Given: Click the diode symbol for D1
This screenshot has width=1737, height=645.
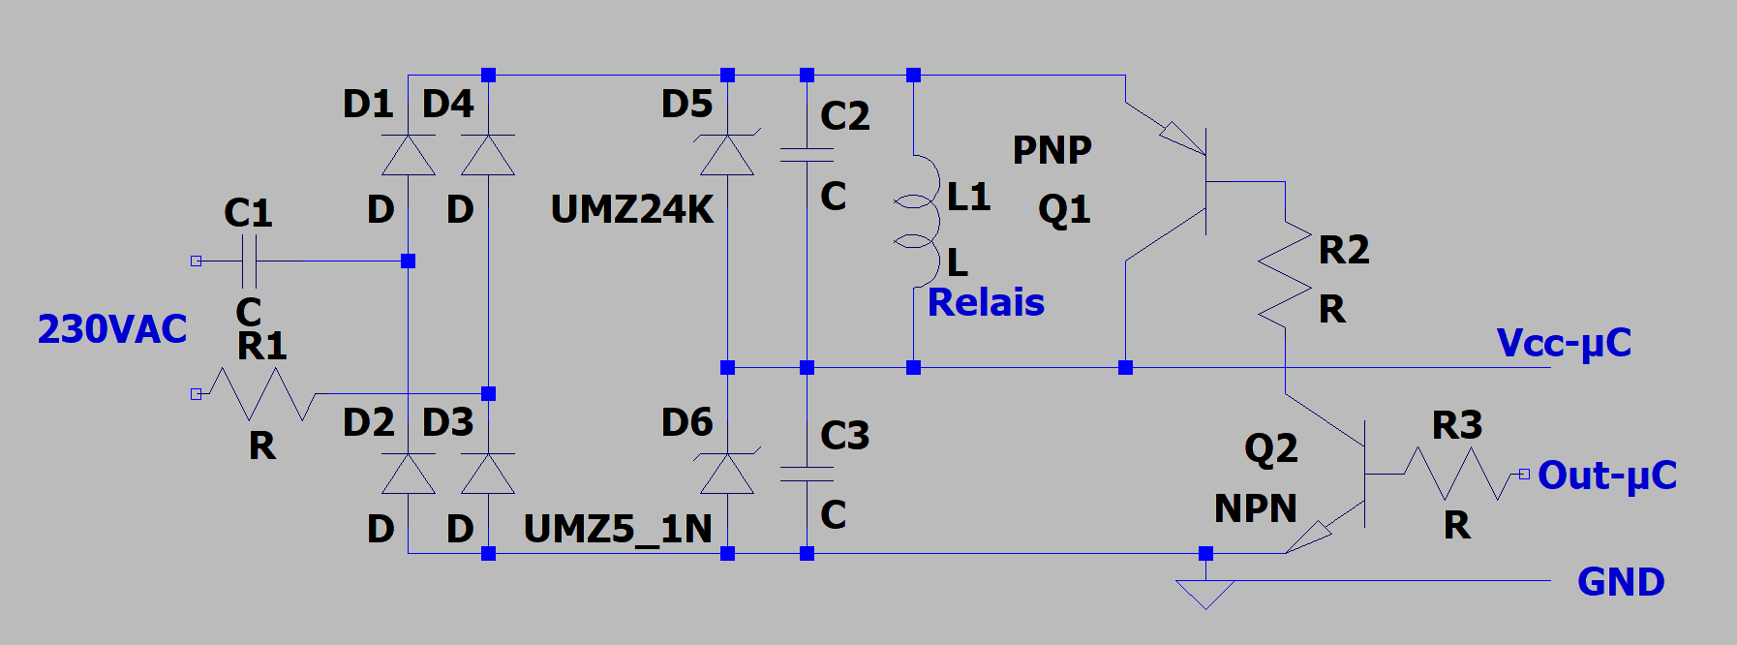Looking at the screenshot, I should tap(408, 155).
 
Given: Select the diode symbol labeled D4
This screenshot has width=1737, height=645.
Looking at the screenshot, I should tap(488, 155).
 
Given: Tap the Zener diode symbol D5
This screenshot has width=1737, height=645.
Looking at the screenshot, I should tap(727, 155).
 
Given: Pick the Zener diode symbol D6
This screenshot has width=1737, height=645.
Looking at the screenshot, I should tap(727, 474).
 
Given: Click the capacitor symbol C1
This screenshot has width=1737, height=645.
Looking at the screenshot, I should tap(248, 261).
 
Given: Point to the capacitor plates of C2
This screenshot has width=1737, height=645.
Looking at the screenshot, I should tap(807, 155).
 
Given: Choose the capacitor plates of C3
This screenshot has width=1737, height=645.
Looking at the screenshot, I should tap(807, 474).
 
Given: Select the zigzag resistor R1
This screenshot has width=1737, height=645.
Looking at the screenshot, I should tap(262, 393).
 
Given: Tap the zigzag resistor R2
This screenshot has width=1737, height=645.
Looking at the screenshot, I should tap(1285, 274).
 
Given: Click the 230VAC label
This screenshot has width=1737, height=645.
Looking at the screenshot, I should tap(112, 329).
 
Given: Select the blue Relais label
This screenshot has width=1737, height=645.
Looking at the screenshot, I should tap(986, 303).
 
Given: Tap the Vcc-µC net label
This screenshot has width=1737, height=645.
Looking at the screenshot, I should tap(1564, 343).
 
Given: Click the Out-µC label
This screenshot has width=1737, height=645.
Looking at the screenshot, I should tap(1606, 476).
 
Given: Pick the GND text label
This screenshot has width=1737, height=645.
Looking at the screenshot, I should tap(1621, 582).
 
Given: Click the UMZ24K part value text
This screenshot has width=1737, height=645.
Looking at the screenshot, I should tap(631, 209).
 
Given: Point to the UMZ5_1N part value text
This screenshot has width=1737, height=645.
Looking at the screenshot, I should tap(618, 529).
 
